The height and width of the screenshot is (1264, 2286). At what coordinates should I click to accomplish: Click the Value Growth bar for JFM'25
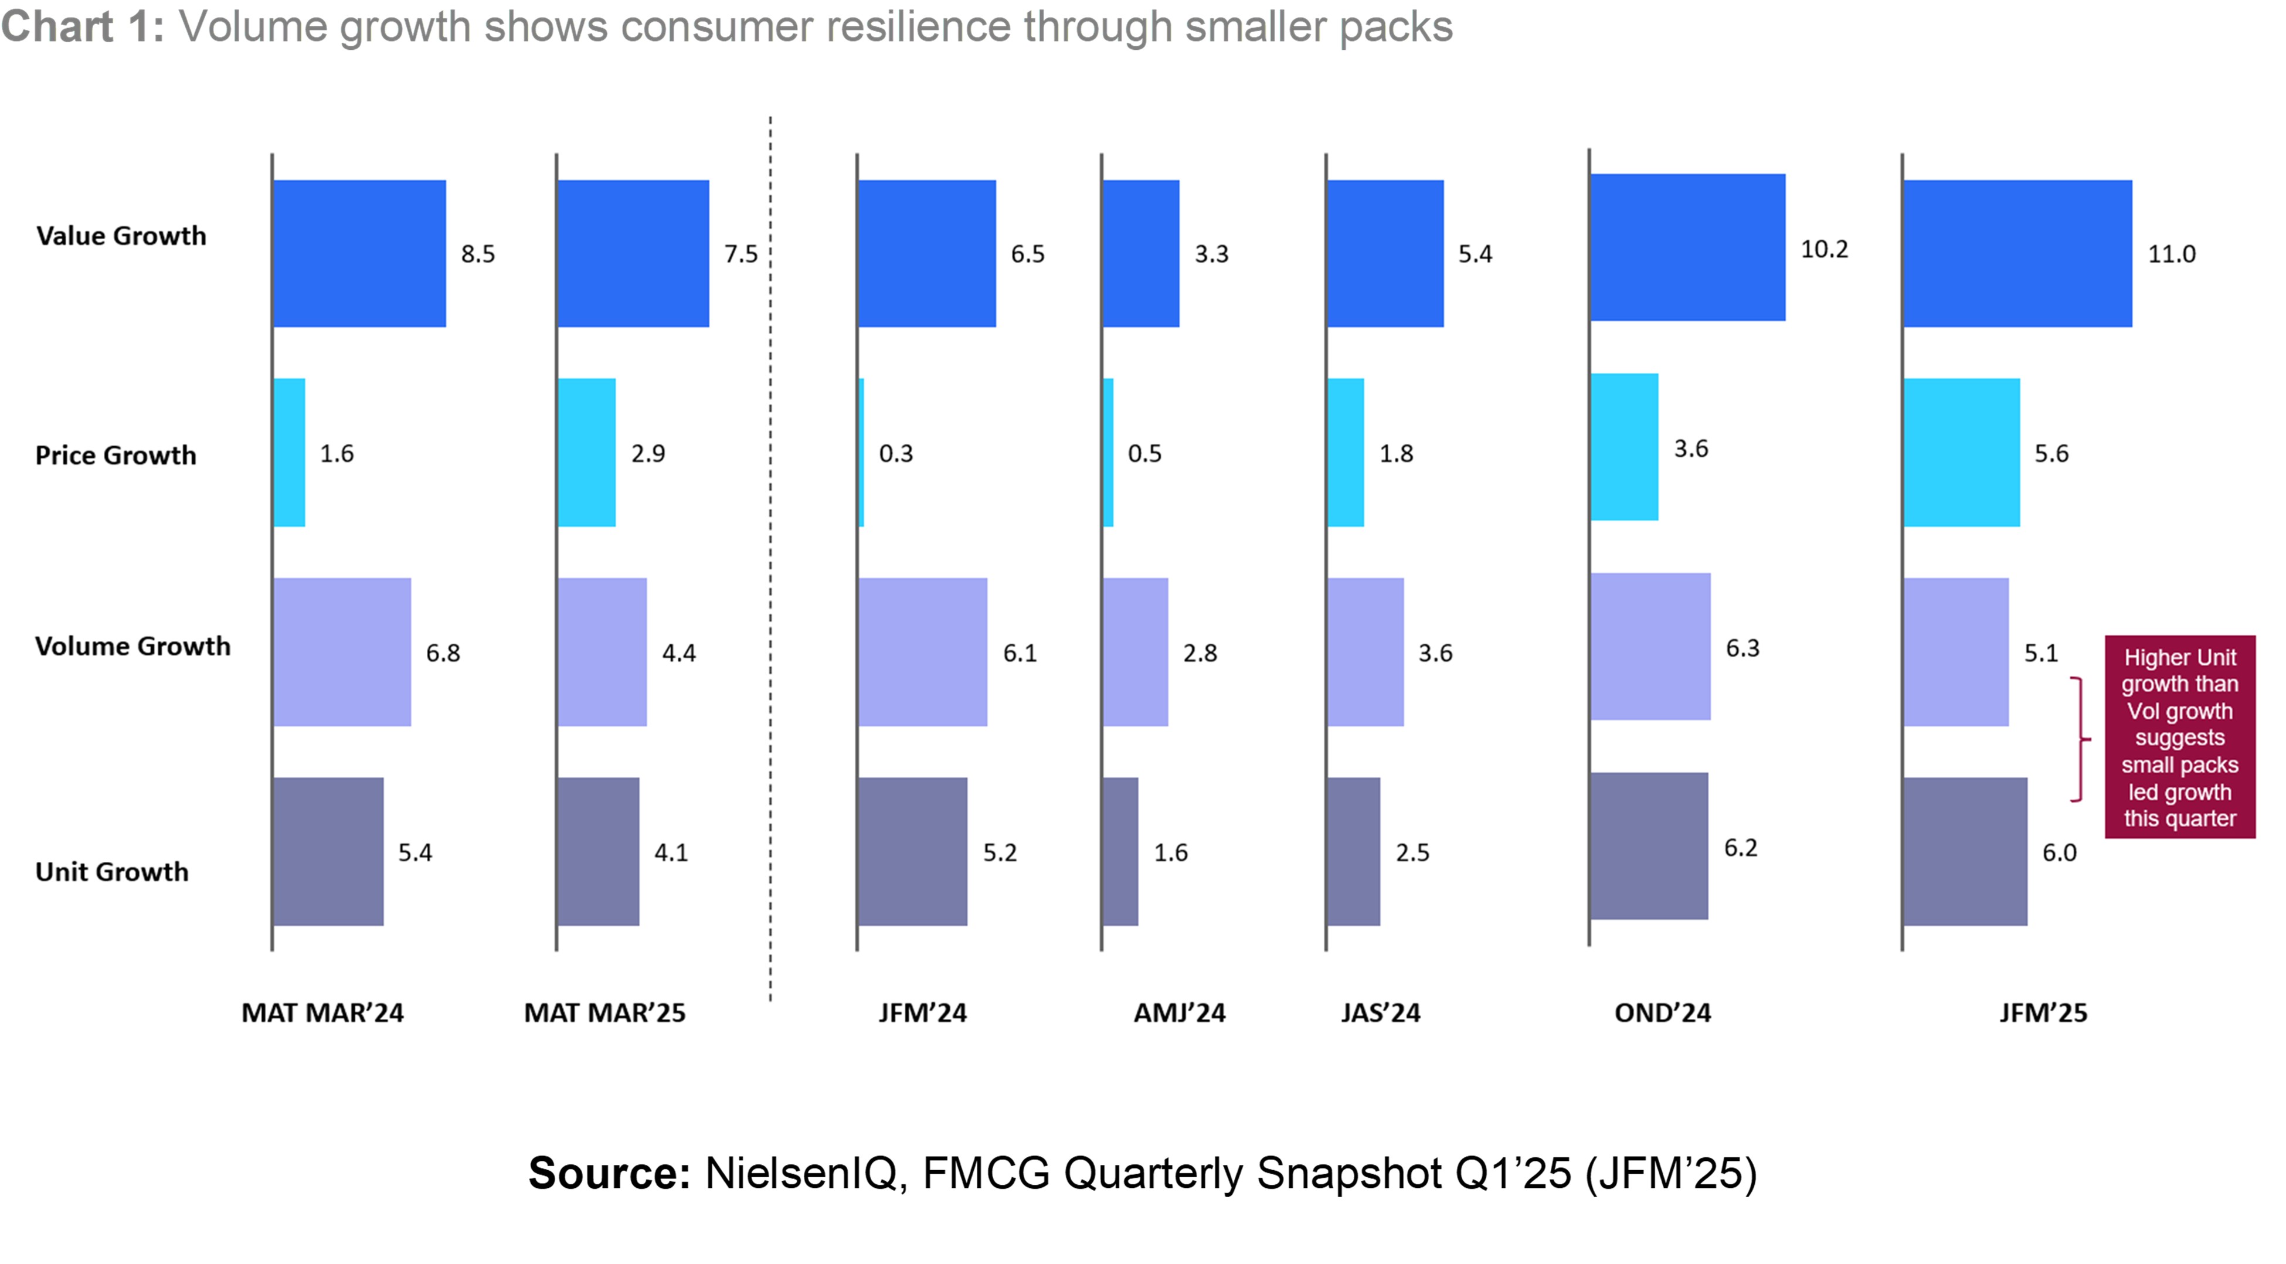pyautogui.click(x=2017, y=254)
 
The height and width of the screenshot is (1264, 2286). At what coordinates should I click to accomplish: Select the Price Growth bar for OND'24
pyautogui.click(x=1624, y=447)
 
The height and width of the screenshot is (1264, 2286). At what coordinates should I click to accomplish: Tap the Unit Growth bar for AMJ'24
pyautogui.click(x=1120, y=852)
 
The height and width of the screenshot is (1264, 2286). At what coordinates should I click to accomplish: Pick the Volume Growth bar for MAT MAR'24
pyautogui.click(x=342, y=653)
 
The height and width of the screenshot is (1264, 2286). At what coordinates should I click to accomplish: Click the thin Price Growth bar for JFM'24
pyautogui.click(x=861, y=453)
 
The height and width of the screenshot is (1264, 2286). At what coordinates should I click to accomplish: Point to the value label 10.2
pyautogui.click(x=1823, y=249)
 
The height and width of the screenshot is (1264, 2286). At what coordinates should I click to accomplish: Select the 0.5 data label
pyautogui.click(x=1144, y=454)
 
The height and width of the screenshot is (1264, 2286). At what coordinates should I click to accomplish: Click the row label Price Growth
pyautogui.click(x=116, y=456)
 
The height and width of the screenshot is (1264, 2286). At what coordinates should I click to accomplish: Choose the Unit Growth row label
pyautogui.click(x=112, y=872)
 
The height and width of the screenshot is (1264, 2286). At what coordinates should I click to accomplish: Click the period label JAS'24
pyautogui.click(x=1380, y=1013)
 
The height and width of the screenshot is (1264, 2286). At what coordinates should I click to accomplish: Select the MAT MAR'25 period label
pyautogui.click(x=604, y=1013)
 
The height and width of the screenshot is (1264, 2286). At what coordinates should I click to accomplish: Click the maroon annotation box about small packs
pyautogui.click(x=2179, y=737)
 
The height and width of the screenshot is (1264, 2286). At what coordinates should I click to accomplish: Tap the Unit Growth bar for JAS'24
pyautogui.click(x=1353, y=852)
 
